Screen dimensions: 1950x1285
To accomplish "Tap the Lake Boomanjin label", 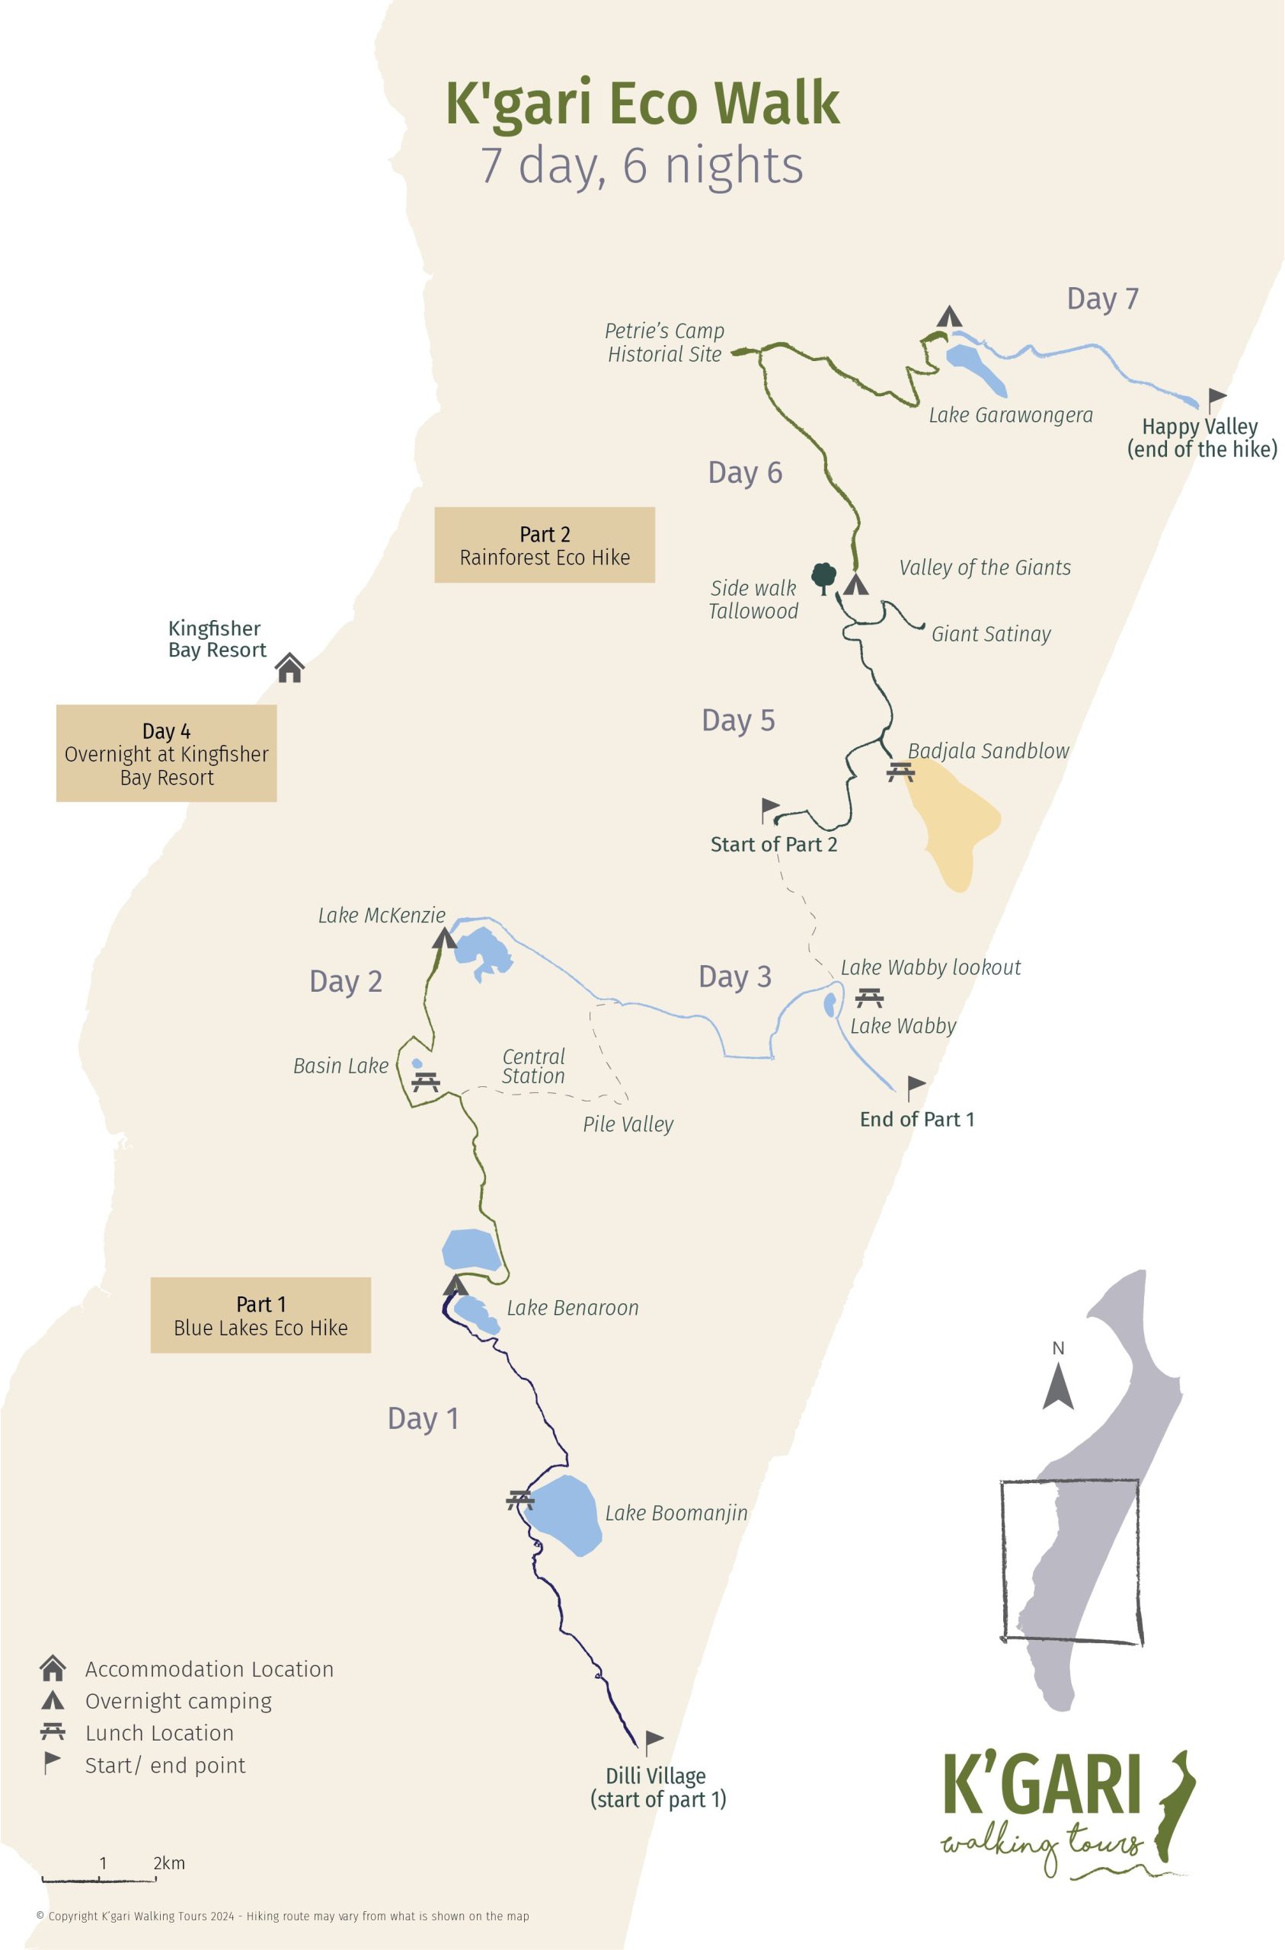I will pos(676,1513).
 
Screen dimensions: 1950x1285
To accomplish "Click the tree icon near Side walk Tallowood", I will pos(823,577).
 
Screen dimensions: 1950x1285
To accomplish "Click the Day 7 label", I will pos(1102,299).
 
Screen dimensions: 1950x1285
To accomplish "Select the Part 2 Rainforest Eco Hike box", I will pos(544,545).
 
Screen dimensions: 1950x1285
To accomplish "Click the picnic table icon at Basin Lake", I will pos(425,1082).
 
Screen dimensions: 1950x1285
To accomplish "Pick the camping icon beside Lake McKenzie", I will pos(444,938).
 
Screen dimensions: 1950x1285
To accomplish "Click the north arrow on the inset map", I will pos(1058,1386).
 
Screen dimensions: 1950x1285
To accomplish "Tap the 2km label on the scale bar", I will pos(169,1862).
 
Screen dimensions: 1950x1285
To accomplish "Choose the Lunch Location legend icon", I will pos(53,1732).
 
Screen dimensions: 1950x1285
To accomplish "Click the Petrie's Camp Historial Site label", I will pos(665,343).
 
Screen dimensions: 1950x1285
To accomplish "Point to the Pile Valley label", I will pos(628,1124).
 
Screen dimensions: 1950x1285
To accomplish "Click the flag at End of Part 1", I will pos(916,1087).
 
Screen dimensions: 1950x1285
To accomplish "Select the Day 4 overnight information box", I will pos(166,753).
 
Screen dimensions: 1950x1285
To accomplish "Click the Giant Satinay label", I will pos(991,635).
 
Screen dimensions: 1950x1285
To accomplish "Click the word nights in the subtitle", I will pos(734,165).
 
